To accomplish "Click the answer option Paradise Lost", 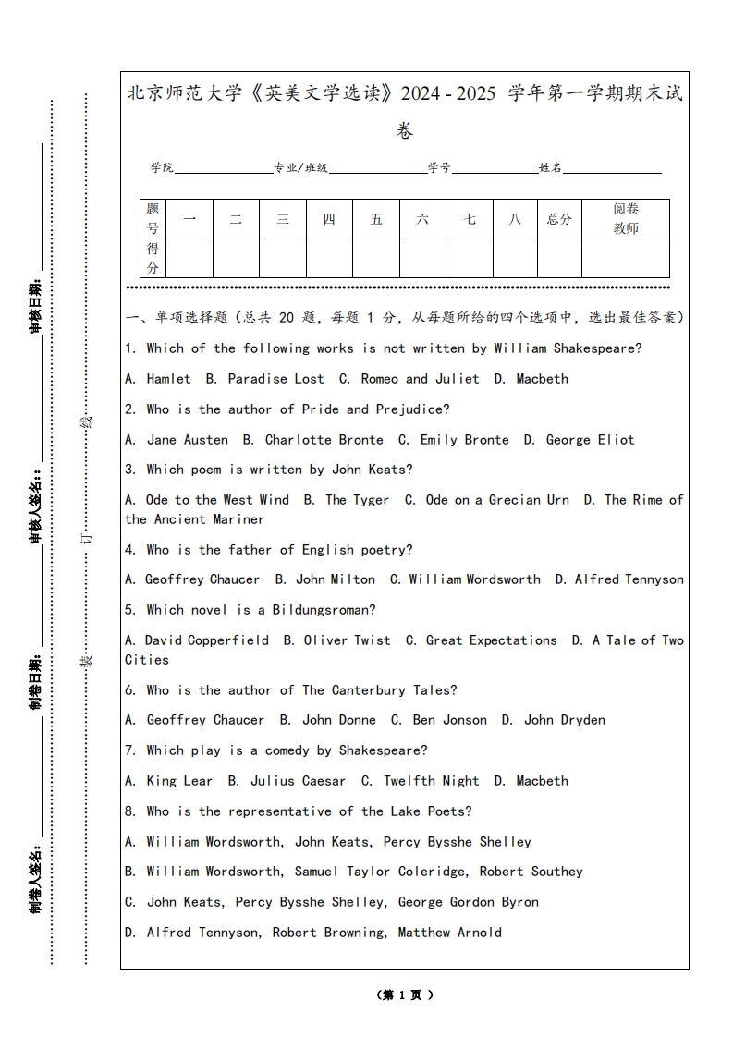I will click(275, 379).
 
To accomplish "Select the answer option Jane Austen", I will click(187, 440).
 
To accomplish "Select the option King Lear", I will click(179, 781).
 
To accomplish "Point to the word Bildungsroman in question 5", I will click(324, 610).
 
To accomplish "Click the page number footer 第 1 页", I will click(405, 995).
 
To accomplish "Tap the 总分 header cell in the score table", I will click(559, 219).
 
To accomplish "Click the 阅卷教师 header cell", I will click(626, 219).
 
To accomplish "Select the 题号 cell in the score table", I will click(153, 219).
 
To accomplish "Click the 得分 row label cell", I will click(153, 258).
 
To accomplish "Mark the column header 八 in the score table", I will click(515, 219).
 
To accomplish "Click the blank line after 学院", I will click(223, 169).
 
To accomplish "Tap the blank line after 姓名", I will click(612, 169).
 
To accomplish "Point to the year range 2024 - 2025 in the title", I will click(448, 93).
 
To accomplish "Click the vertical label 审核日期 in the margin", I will click(35, 306).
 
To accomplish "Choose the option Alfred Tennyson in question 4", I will click(629, 579).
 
